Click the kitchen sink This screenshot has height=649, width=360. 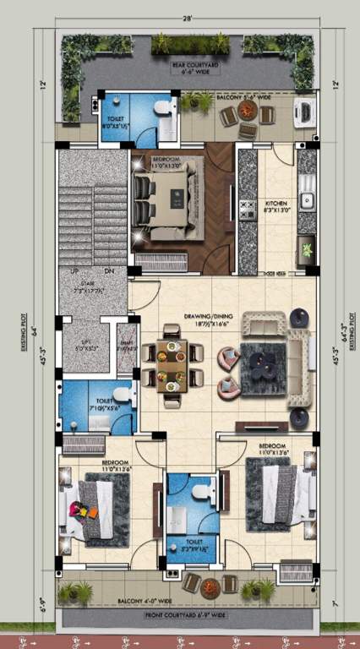point(307,200)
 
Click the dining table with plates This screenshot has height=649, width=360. point(172,367)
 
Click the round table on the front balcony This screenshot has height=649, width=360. point(210,586)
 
